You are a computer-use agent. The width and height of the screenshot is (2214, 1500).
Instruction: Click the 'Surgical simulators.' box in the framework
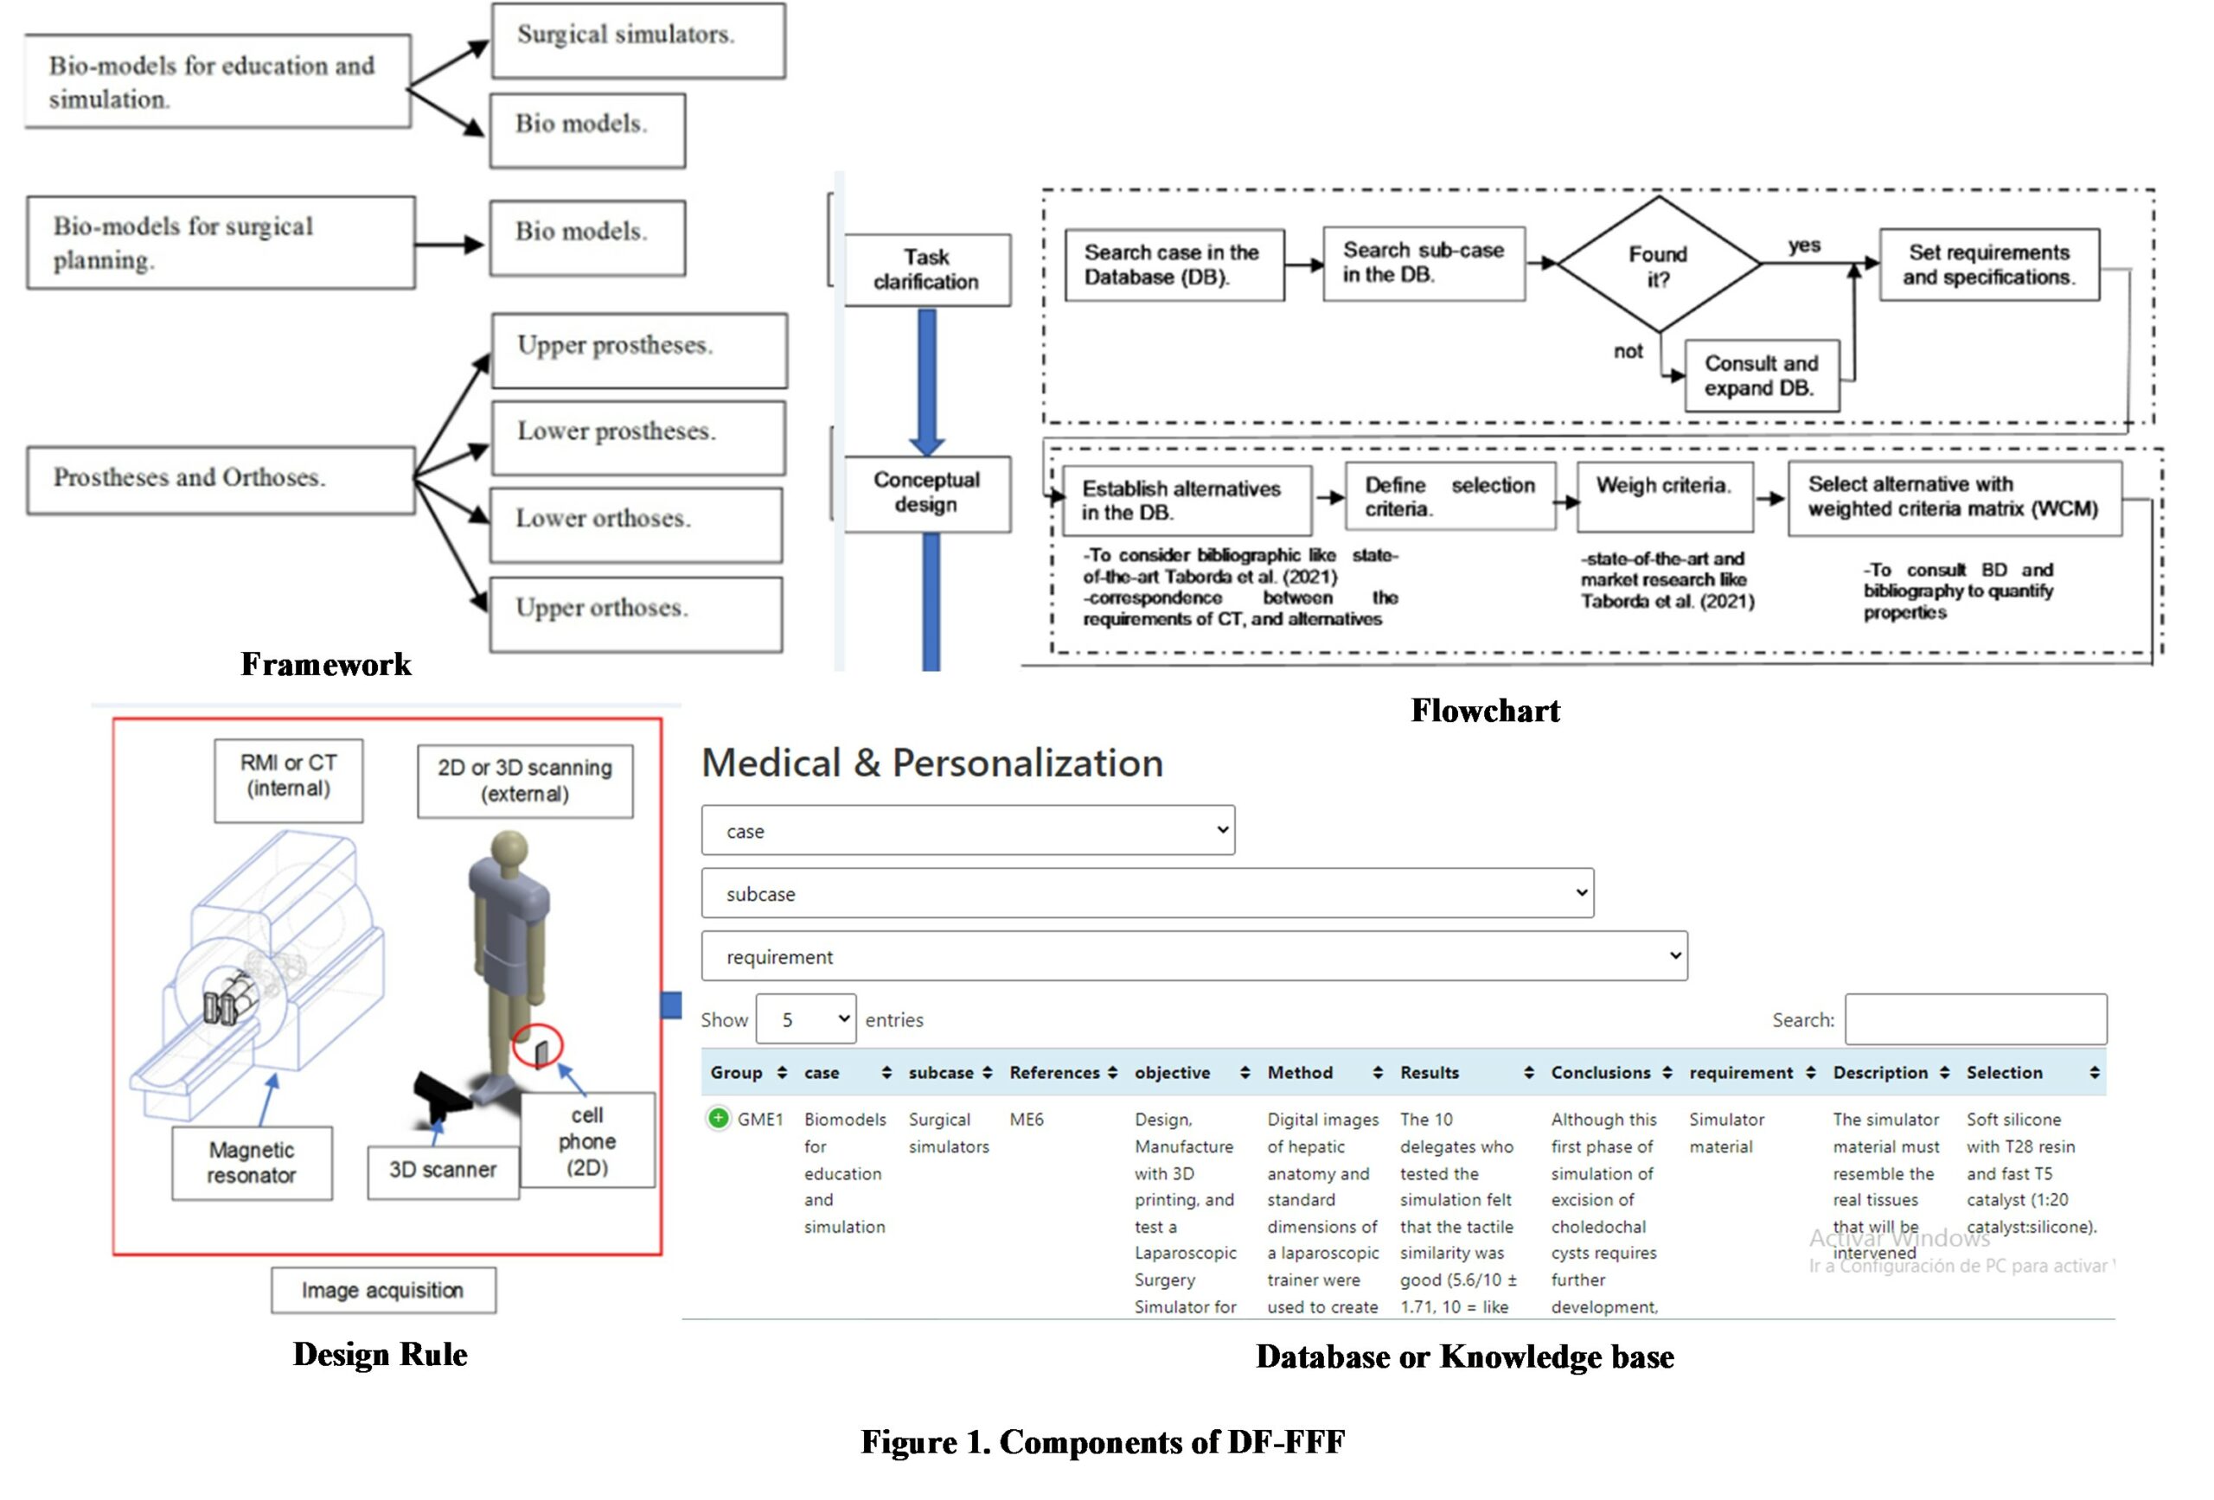pos(638,40)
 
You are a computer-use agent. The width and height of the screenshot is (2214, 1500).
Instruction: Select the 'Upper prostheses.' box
pos(639,350)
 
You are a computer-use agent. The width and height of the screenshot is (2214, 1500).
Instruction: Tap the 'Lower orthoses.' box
pos(637,525)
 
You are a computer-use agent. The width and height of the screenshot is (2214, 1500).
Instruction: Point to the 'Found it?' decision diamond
pos(1659,265)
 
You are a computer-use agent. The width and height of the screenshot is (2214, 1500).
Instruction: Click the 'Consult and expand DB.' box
pos(1762,376)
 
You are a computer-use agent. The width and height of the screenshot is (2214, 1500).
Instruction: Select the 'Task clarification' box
pos(927,270)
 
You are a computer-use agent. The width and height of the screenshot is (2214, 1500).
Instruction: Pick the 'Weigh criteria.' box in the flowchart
pos(1664,496)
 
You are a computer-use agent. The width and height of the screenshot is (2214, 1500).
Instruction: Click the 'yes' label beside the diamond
pos(1804,246)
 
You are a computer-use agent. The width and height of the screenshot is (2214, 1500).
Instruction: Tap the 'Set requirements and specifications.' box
pos(1989,265)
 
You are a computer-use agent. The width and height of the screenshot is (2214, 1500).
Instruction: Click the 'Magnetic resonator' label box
pos(252,1163)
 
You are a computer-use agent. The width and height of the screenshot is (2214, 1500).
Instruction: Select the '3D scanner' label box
pos(443,1171)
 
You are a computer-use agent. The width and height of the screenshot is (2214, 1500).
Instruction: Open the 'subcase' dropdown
pos(1147,893)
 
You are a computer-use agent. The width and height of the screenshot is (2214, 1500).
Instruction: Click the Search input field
pos(1976,1019)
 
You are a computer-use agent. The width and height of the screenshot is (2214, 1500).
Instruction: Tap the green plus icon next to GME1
pos(719,1118)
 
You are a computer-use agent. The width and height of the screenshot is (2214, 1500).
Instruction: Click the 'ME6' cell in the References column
pos(1027,1120)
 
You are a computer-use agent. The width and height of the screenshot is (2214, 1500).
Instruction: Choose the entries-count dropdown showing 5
pos(806,1019)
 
